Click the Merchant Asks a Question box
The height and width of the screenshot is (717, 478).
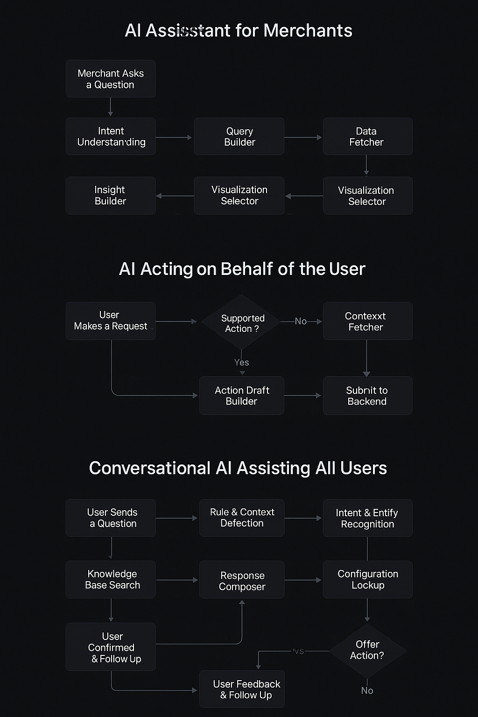pos(111,79)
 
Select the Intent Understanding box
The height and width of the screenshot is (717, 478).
pos(111,136)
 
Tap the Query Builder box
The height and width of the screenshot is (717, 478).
pos(239,136)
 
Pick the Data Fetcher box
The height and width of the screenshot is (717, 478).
pos(367,136)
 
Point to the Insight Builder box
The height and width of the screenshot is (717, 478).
pos(111,196)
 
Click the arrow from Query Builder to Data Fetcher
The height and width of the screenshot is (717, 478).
pos(303,137)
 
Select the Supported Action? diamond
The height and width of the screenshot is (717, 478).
pos(241,323)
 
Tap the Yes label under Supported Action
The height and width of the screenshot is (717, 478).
pos(241,362)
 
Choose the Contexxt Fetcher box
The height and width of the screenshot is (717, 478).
pos(367,321)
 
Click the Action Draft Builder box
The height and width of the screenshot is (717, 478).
pos(241,395)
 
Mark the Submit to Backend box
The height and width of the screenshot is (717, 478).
pos(367,395)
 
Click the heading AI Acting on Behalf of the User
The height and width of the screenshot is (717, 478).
pos(242,269)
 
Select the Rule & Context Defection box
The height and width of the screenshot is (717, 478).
pos(241,518)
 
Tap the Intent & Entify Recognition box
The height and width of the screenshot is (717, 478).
pos(367,518)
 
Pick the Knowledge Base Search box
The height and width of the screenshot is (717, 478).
pos(111,579)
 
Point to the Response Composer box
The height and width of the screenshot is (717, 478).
pos(241,580)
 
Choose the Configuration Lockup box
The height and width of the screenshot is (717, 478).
pos(367,579)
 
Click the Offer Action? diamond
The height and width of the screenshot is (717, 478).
pos(367,650)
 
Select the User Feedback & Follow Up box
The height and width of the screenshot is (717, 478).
pos(241,689)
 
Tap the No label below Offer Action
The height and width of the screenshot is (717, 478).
pos(367,690)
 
